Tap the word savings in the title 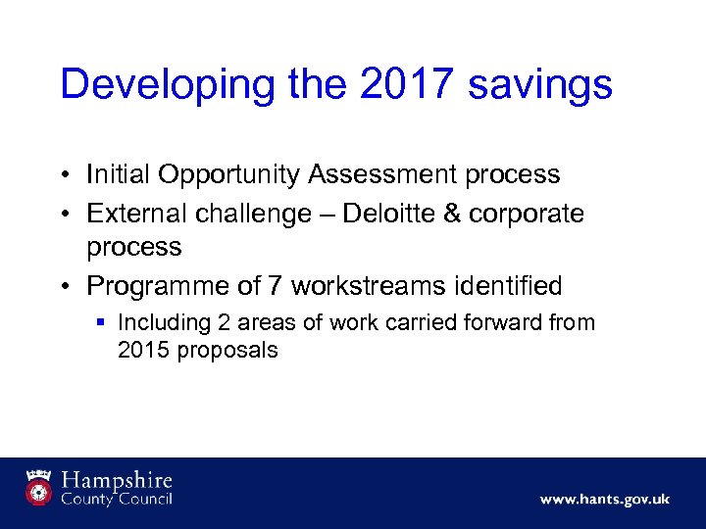[541, 84]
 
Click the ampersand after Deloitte [450, 214]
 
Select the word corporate [527, 214]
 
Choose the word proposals [227, 351]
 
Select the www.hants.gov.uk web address [604, 500]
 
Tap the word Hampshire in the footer [118, 481]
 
